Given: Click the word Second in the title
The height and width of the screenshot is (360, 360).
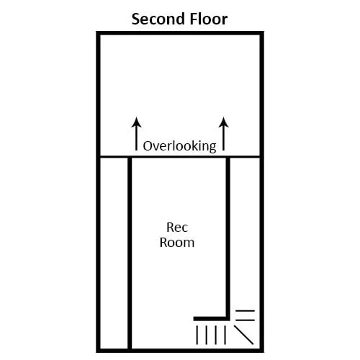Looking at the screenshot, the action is point(158,19).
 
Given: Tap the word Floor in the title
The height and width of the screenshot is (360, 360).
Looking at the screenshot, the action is point(209,19).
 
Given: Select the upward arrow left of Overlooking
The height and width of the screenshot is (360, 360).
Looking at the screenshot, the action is point(136,134).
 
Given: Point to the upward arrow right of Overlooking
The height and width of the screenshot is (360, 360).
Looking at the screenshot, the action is point(224,134).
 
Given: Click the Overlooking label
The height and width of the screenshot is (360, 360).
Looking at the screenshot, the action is point(179,146).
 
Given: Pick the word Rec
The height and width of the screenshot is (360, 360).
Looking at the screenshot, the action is point(177,227).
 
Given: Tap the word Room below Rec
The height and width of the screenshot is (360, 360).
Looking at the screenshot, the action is point(177,243).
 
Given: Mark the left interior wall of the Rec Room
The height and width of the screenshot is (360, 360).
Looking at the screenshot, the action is point(130,253).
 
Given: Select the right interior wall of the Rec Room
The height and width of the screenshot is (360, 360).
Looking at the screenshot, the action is point(228,239).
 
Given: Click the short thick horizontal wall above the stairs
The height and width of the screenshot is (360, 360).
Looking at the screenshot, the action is point(210,319).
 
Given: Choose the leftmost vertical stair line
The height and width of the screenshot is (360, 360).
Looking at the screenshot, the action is point(197,335).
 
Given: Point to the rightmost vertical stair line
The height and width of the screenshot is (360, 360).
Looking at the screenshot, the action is point(225,335).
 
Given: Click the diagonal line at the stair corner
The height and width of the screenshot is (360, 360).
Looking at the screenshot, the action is point(243,335).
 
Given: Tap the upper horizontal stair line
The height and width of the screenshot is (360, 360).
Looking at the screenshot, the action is point(245,311).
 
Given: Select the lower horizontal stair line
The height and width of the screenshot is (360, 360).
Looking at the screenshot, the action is point(245,320).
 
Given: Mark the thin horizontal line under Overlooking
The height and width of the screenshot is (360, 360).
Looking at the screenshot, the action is point(180,157).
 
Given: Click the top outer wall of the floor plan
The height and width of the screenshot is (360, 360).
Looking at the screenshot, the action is point(180,33).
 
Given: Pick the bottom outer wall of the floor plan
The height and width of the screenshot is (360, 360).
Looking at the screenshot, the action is point(180,351).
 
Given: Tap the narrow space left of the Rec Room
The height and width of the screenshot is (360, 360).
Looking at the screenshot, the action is point(114,253).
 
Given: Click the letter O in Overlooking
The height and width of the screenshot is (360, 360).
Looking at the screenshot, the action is point(148,146).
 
